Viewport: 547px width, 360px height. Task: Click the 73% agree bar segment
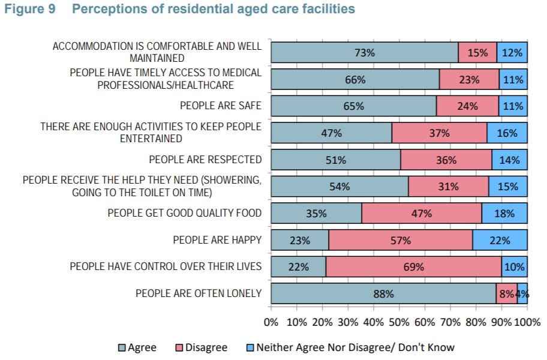click(x=364, y=52)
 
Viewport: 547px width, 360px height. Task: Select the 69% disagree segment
click(x=413, y=267)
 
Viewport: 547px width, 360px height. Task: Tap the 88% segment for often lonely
click(x=383, y=294)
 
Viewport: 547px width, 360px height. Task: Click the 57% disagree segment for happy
click(x=401, y=240)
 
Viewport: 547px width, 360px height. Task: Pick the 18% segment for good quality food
click(x=504, y=213)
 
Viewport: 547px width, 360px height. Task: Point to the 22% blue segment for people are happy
click(x=500, y=240)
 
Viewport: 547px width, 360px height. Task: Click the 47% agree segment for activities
click(x=331, y=133)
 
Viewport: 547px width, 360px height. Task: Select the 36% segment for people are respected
click(x=446, y=160)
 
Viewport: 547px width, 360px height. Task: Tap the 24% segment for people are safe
click(x=467, y=106)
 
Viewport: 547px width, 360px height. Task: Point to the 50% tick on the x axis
click(x=399, y=321)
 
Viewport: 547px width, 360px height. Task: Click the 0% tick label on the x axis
click(x=271, y=321)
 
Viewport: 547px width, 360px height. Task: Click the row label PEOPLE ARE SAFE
click(x=221, y=106)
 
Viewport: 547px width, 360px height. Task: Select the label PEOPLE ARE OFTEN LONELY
click(x=199, y=293)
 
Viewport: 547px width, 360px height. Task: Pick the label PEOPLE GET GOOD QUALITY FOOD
click(x=185, y=213)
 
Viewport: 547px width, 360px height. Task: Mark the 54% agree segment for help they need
click(x=339, y=187)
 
